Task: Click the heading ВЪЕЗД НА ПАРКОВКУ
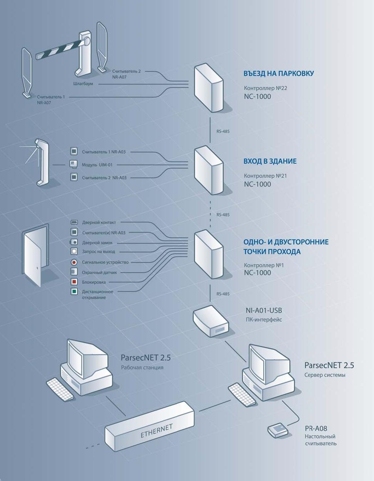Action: point(279,73)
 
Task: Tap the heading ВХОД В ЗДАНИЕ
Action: point(270,161)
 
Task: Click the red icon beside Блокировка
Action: point(74,282)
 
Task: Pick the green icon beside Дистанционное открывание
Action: point(74,292)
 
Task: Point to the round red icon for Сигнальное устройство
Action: point(74,262)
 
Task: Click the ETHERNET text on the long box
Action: point(156,431)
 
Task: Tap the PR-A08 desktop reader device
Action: point(278,430)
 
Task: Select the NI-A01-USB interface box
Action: point(210,321)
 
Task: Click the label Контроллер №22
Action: point(265,88)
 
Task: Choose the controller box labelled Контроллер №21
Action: point(209,170)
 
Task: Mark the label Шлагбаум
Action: point(83,84)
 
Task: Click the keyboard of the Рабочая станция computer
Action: point(60,389)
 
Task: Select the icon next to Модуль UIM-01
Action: point(74,164)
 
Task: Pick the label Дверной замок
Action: point(97,243)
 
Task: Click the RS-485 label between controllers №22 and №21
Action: point(223,131)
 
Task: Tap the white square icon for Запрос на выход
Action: point(74,251)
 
